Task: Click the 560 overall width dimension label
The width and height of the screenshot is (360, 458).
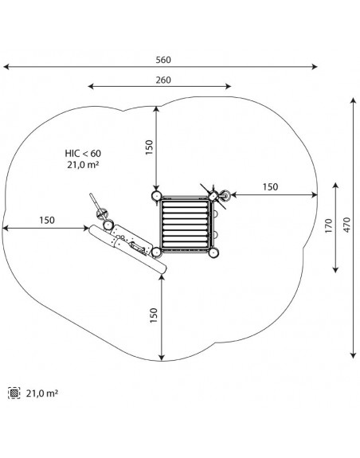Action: (163, 60)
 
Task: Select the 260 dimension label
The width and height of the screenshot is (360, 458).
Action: (163, 80)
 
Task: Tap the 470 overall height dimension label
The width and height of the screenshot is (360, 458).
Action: (346, 225)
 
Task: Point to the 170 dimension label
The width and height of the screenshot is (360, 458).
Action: (329, 225)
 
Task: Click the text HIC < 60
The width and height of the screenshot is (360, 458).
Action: (83, 154)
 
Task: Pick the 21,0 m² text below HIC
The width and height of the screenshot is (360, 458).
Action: (83, 165)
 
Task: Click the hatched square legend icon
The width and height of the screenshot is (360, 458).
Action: (14, 393)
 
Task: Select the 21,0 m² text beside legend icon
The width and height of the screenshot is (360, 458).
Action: (42, 393)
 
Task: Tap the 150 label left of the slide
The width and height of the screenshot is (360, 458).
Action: (47, 220)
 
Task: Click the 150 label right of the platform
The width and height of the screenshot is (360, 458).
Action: (270, 187)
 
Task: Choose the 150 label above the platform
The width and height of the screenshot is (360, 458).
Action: (149, 147)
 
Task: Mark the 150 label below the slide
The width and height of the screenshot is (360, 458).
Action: (154, 315)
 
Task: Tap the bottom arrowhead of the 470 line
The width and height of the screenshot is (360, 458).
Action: (354, 355)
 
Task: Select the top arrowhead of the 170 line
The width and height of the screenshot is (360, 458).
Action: (336, 186)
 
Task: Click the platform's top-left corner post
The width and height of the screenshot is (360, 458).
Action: (156, 195)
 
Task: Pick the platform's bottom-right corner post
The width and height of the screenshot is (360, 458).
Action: (213, 252)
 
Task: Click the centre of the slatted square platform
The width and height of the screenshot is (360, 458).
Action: (185, 224)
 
